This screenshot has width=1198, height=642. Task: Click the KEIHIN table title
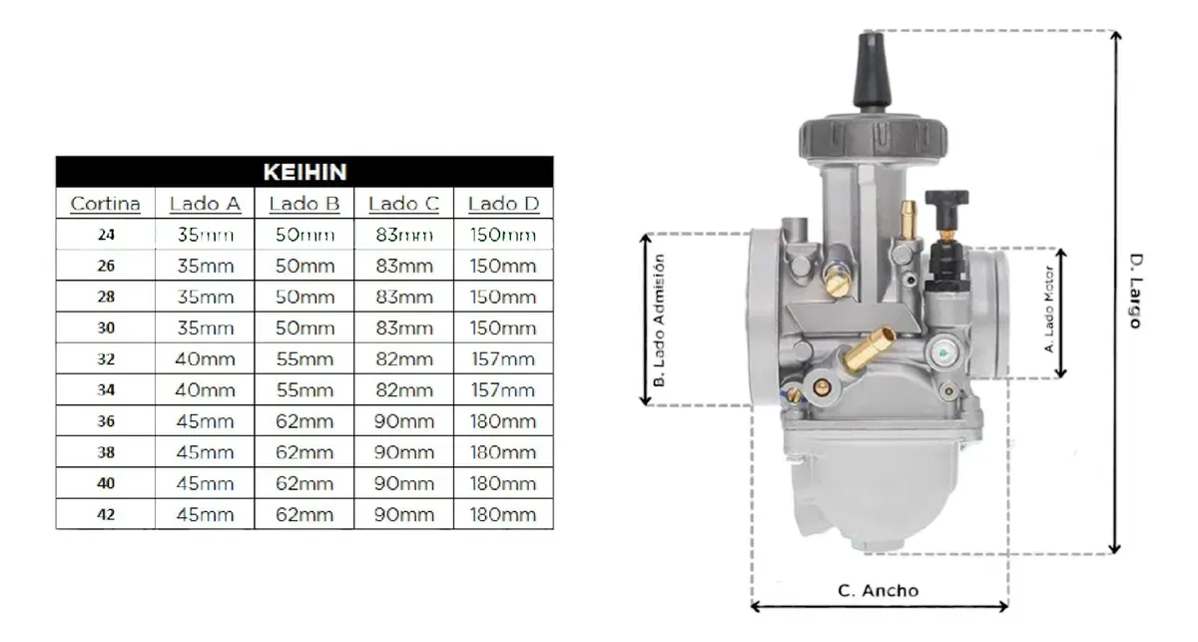coord(304,173)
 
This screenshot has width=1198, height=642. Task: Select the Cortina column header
coord(106,204)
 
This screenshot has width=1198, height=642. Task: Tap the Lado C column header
coord(403,204)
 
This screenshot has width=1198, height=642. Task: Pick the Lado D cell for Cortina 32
coord(503,359)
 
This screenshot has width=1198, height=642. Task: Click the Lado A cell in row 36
coord(206,421)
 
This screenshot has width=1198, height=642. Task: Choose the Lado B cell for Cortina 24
coord(304,235)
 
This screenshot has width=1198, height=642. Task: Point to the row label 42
coord(106,514)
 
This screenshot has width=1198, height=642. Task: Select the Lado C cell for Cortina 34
coord(403,390)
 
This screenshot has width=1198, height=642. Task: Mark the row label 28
coord(106,297)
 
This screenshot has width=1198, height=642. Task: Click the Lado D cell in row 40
coord(503,483)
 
